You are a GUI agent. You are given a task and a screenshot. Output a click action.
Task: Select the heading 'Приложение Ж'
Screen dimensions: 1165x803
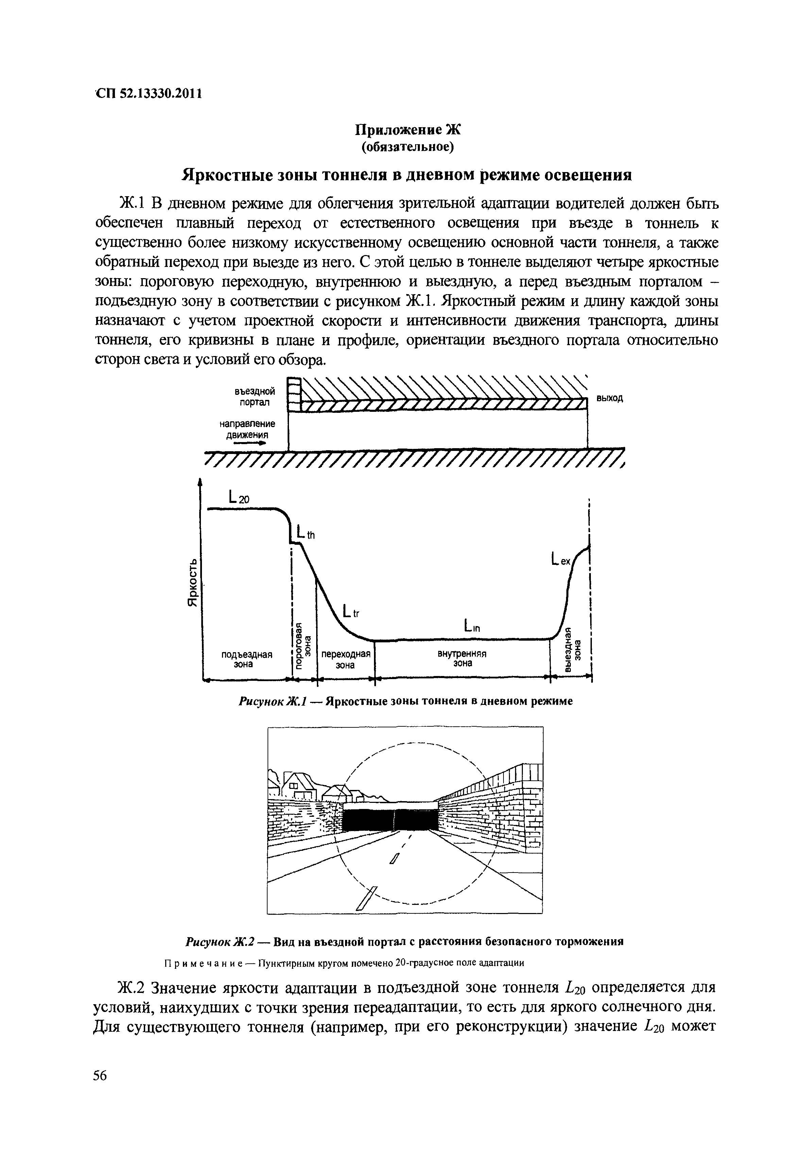(408, 130)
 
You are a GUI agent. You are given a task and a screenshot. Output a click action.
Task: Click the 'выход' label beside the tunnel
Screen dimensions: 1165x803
(610, 398)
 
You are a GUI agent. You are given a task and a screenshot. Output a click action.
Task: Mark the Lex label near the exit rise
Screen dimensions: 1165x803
(560, 559)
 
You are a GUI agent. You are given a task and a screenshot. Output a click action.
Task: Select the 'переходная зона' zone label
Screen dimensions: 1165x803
(346, 659)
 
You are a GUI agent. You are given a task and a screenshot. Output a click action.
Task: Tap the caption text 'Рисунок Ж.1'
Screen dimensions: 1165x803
(269, 701)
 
